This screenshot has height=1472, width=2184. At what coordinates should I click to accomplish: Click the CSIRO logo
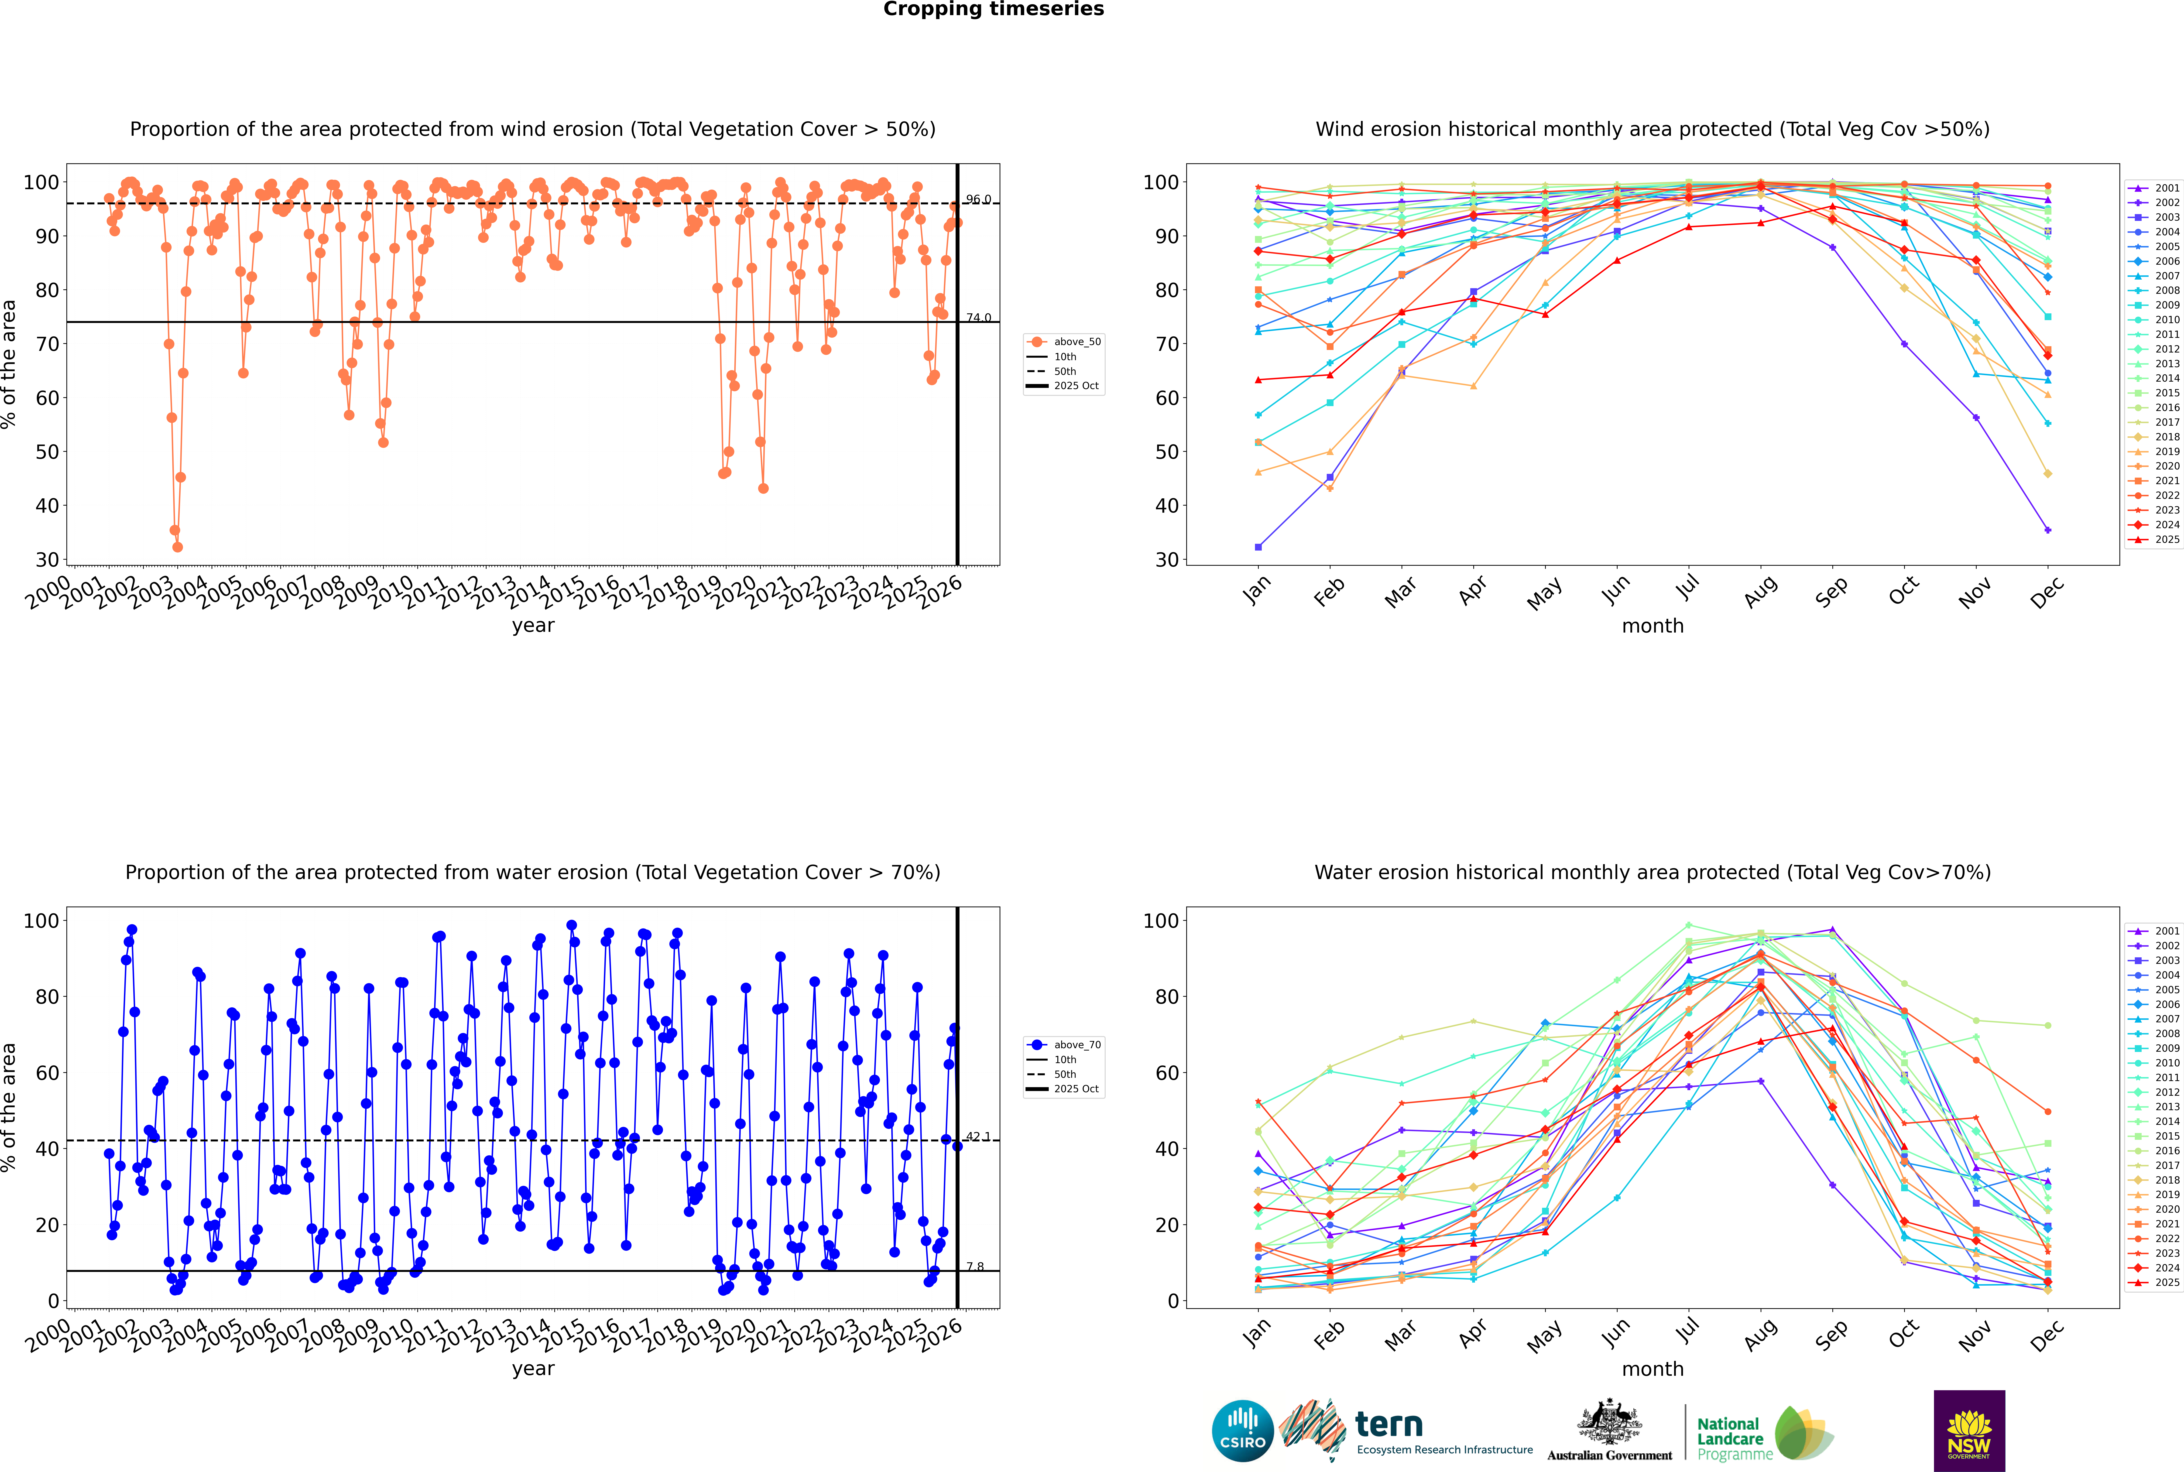pyautogui.click(x=1242, y=1431)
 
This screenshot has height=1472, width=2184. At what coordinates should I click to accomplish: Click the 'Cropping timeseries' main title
pyautogui.click(x=993, y=9)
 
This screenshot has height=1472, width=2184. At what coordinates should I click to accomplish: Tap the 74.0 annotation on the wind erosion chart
pyautogui.click(x=978, y=317)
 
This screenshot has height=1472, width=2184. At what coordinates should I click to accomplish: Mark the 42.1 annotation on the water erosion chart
pyautogui.click(x=978, y=1136)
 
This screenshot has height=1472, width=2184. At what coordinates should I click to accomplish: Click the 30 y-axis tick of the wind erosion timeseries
pyautogui.click(x=47, y=559)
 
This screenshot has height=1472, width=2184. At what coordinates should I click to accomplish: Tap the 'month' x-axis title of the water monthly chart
pyautogui.click(x=1653, y=1369)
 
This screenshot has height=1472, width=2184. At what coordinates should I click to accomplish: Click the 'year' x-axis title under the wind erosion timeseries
pyautogui.click(x=533, y=625)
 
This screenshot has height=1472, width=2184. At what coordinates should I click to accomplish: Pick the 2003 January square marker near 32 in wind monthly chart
pyautogui.click(x=1258, y=547)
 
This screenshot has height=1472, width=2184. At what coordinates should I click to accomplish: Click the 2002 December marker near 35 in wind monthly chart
pyautogui.click(x=2048, y=531)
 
